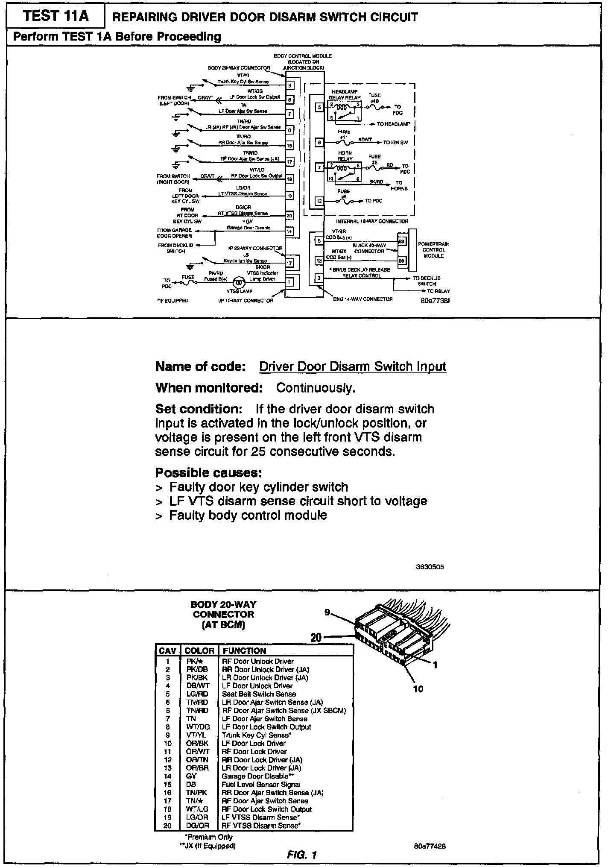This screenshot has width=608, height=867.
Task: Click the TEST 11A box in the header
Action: point(56,16)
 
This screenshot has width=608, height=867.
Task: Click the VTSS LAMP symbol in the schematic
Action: point(239,283)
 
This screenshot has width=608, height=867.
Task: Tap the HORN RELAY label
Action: point(345,156)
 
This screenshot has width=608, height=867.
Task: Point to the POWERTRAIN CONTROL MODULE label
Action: point(434,250)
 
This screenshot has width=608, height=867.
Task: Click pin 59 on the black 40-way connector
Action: point(401,241)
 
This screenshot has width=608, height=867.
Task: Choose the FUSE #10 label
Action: point(374,98)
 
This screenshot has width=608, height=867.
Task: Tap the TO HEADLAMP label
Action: point(393,124)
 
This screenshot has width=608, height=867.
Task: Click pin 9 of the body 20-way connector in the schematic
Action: point(289,85)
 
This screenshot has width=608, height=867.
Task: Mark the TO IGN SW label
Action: point(395,142)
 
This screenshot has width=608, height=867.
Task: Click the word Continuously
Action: point(316,388)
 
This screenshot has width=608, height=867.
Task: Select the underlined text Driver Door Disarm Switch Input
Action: point(353,366)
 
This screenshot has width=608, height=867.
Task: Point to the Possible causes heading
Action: point(208,473)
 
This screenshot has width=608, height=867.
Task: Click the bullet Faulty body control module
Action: point(248,515)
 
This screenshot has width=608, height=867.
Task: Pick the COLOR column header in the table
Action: point(199,650)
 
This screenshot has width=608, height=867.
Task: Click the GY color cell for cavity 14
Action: point(191,776)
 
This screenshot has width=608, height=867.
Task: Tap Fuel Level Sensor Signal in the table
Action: point(261,784)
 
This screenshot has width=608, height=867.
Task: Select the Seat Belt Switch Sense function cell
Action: point(259,694)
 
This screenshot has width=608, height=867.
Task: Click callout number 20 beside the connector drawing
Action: point(316,637)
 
